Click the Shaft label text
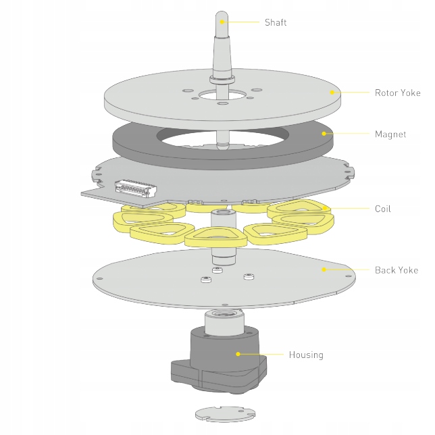[276, 22]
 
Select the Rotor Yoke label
[397, 93]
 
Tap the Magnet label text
[390, 134]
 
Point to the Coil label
[382, 209]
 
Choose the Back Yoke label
[396, 270]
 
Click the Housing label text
[306, 355]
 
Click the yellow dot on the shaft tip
[224, 22]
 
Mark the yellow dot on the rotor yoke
[332, 93]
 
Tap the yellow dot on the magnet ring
[326, 134]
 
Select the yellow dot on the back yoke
[324, 270]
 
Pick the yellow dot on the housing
[238, 353]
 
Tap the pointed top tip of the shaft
[222, 13]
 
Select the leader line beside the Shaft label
[243, 22]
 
